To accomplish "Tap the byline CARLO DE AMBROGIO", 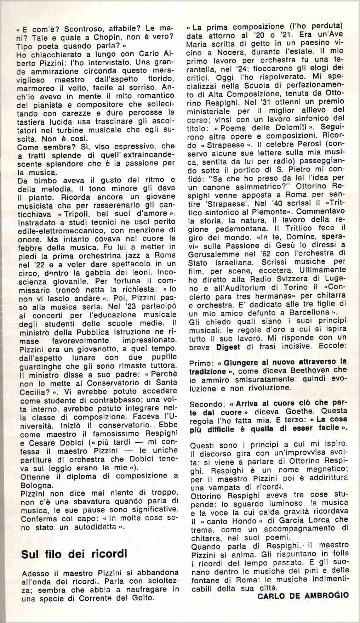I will click(x=303, y=596).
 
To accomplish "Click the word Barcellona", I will click(x=306, y=312).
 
